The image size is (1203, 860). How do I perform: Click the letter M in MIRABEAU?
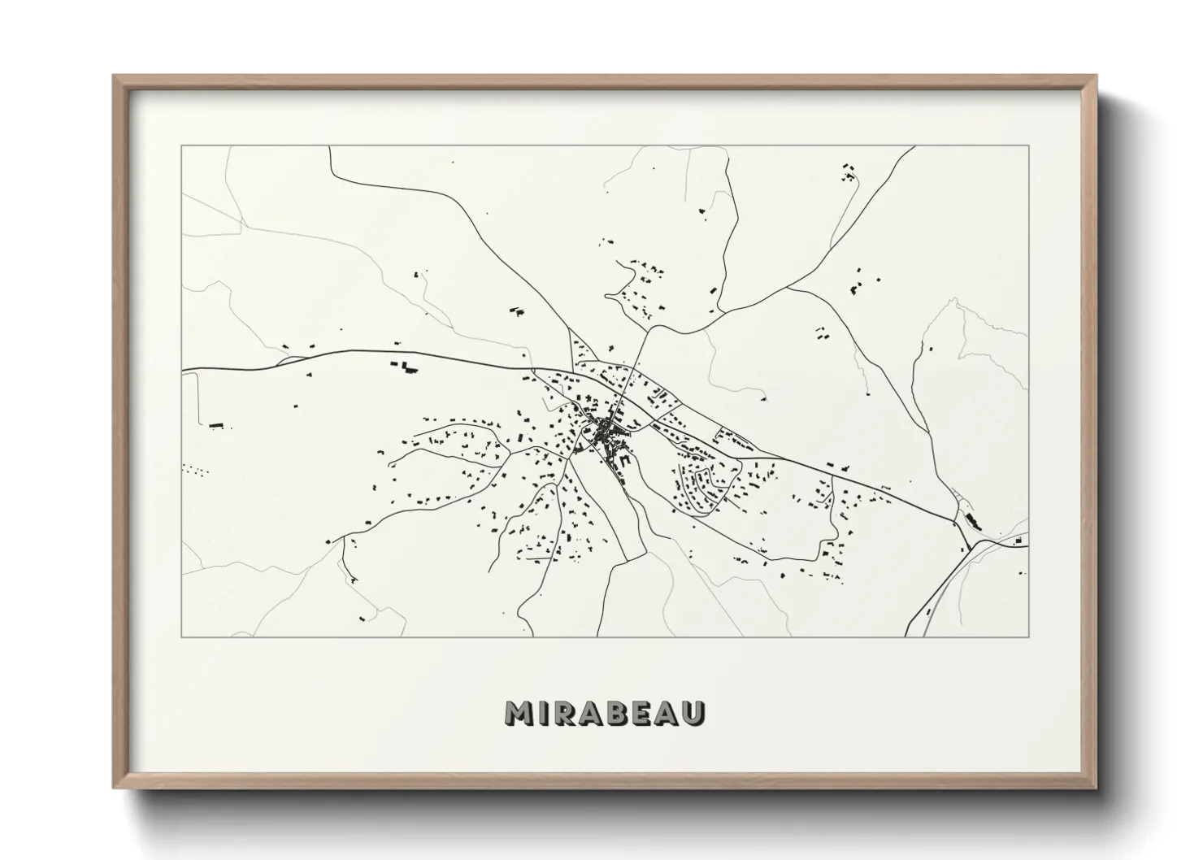[x=519, y=713]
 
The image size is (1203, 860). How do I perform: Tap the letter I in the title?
[x=544, y=713]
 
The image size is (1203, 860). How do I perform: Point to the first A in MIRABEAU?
[x=593, y=713]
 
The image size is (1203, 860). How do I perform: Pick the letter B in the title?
[x=620, y=713]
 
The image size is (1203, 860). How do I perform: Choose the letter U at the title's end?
[x=696, y=713]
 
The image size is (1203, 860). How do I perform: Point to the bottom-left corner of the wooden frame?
[x=115, y=788]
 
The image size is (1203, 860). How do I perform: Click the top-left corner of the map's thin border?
[x=181, y=146]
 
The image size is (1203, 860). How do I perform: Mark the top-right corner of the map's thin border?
[x=1029, y=146]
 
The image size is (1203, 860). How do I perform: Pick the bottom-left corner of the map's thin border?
[x=181, y=636]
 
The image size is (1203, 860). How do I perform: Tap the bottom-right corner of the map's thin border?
[x=1029, y=636]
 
